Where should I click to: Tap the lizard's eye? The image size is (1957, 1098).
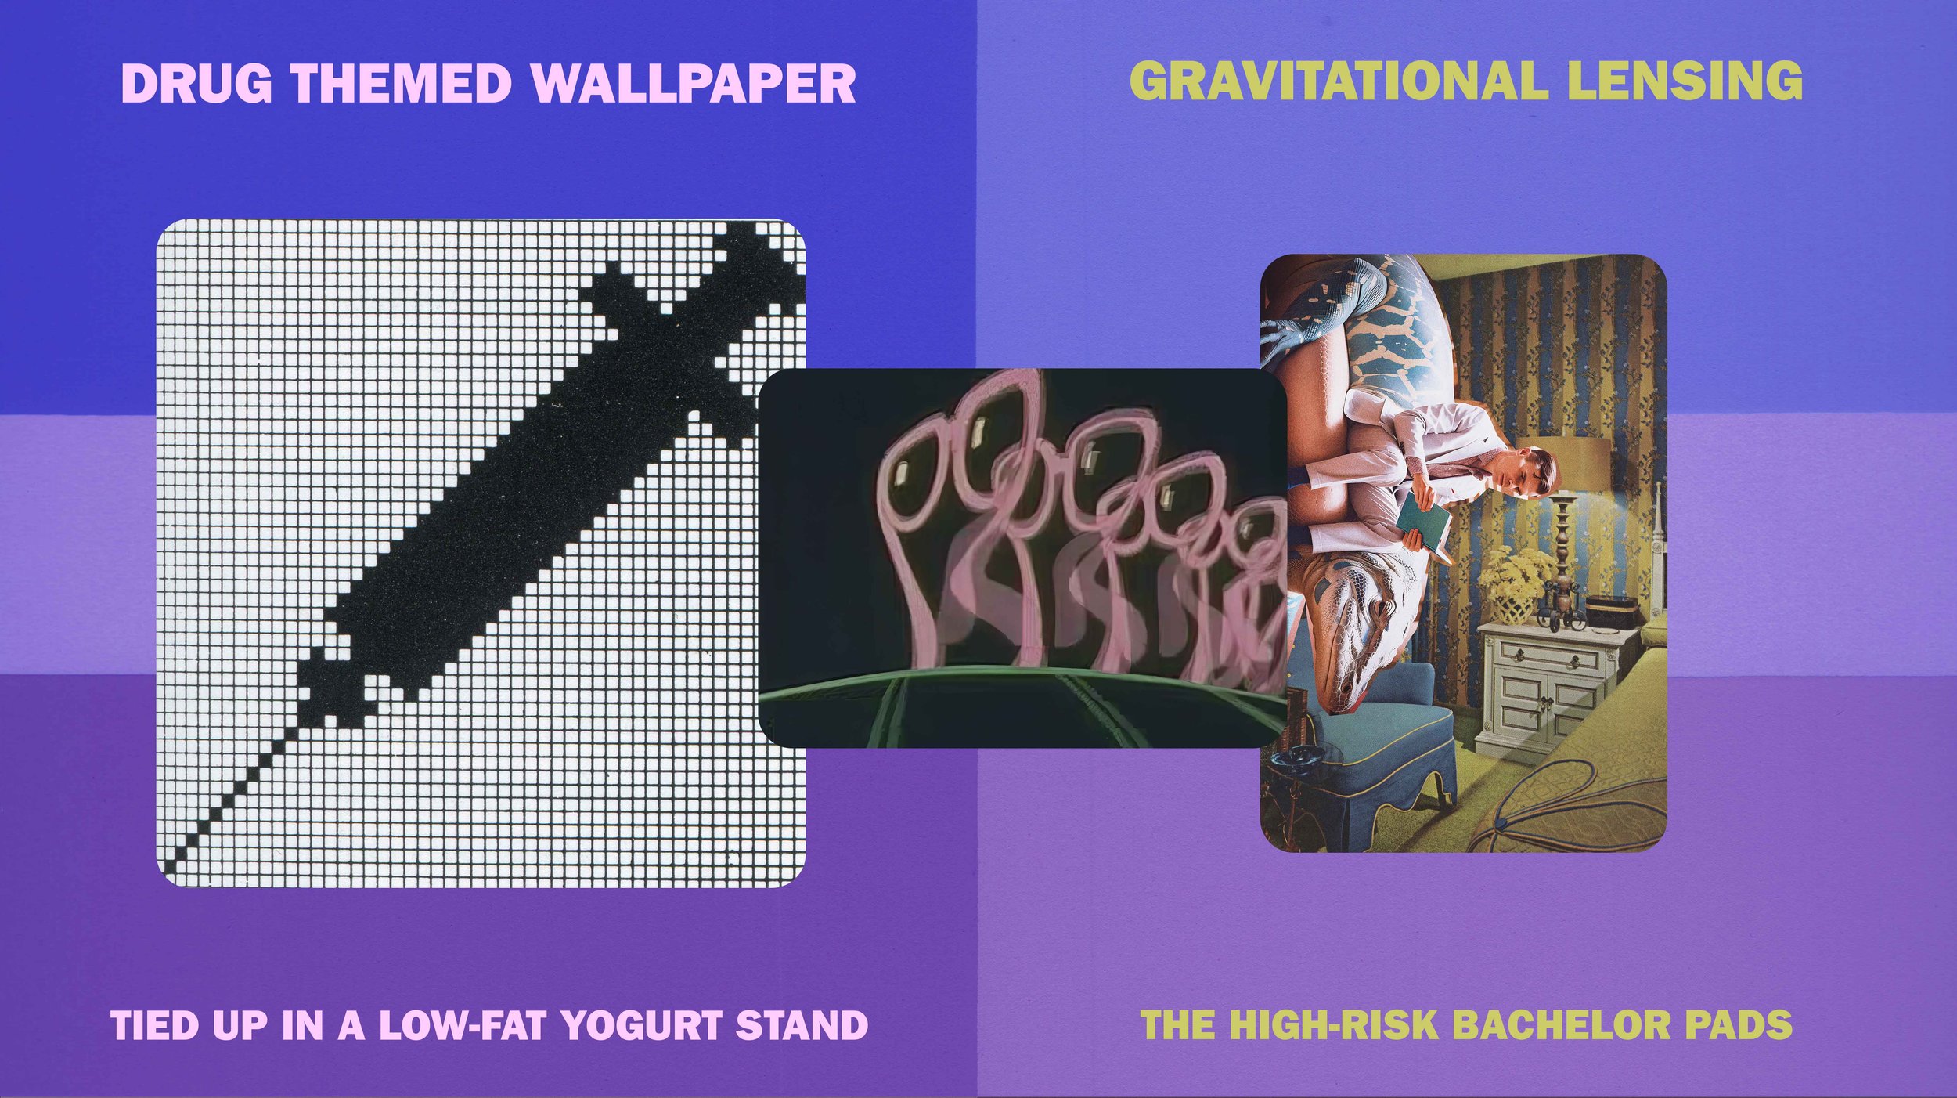tap(1354, 627)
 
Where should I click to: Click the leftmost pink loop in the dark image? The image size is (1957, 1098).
tap(924, 462)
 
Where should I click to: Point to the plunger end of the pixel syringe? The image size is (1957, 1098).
tap(751, 251)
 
